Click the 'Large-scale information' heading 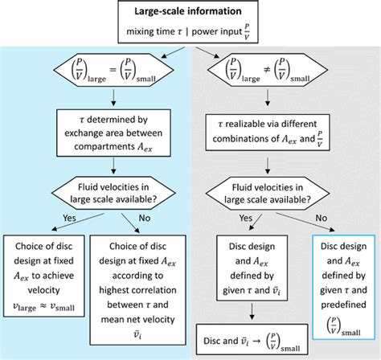(191, 12)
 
